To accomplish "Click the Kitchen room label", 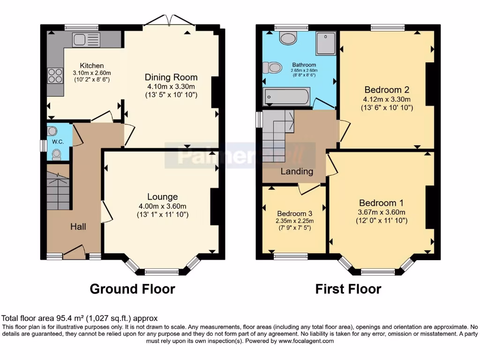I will pos(91,66).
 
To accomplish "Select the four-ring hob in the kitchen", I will pos(55,75).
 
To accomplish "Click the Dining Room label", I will pos(171,77).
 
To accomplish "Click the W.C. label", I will pos(58,142).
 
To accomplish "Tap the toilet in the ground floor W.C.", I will pos(57,153).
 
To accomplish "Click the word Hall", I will pos(78,227).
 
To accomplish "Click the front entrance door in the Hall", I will pos(74,252).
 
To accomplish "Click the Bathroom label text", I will pos(304,65).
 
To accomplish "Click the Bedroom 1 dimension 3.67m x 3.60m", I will pos(381,212).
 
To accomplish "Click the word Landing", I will pos(297,172).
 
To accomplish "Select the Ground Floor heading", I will pos(132,289).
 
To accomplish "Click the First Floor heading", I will pos(348,289).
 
